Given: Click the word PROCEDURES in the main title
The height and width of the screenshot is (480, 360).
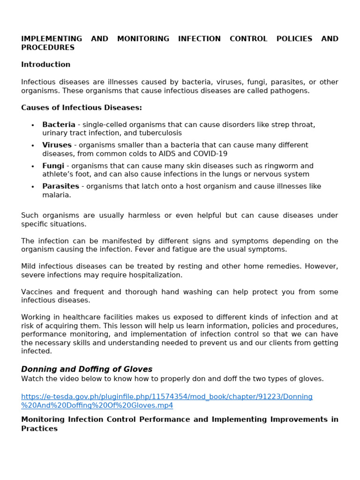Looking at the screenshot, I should pos(47,47).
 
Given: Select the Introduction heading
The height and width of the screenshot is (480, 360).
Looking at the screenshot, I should pos(45,64).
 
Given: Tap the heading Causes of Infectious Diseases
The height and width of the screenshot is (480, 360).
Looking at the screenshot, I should pos(81,108).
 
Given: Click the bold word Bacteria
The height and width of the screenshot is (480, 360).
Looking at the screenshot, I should pos(59,125).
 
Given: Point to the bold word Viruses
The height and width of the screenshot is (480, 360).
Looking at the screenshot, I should pos(57,145).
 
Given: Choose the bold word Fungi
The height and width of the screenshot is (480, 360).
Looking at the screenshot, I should pos(53,166).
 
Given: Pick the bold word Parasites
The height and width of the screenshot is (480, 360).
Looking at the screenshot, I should pos(60,187).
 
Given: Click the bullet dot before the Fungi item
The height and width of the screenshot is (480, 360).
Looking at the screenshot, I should pos(32,166).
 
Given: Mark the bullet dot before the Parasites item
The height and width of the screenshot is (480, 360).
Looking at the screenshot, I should pos(32,187).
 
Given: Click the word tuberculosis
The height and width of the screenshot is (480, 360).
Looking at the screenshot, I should pos(159,133).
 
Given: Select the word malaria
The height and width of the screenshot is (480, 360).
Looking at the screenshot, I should pos(56,195).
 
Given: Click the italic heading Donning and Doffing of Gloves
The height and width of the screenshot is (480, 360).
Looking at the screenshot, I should pos(87,369).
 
